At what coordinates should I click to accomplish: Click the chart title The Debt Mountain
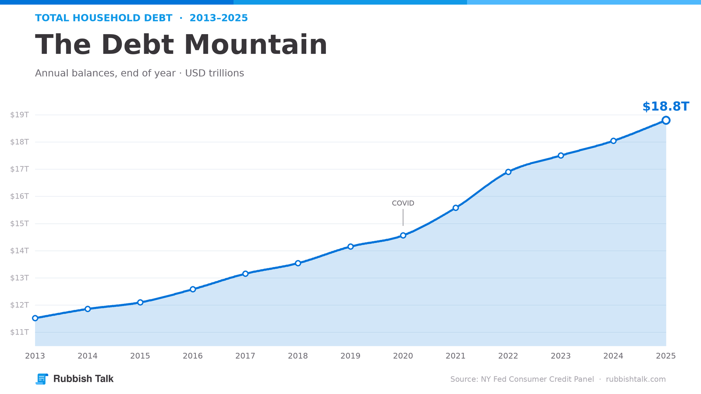pyautogui.click(x=181, y=45)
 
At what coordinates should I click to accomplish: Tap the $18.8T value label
pyautogui.click(x=666, y=107)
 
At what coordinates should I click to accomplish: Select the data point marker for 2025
pyautogui.click(x=666, y=120)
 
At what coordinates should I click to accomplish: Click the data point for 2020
pyautogui.click(x=403, y=236)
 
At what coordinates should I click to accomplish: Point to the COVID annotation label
pyautogui.click(x=403, y=203)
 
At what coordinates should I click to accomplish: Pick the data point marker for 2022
pyautogui.click(x=508, y=172)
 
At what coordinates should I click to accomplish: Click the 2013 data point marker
pyautogui.click(x=35, y=318)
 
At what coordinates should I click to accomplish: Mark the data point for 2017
pyautogui.click(x=245, y=274)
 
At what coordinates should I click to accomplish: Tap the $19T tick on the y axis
pyautogui.click(x=19, y=115)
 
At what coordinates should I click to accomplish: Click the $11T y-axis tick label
pyautogui.click(x=19, y=332)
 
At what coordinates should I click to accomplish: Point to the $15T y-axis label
pyautogui.click(x=19, y=224)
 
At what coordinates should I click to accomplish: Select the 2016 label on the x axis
pyautogui.click(x=193, y=356)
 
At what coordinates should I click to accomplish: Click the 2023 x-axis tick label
pyautogui.click(x=561, y=356)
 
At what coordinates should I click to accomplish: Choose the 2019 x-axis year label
pyautogui.click(x=350, y=356)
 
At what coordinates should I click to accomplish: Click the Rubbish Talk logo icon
pyautogui.click(x=42, y=379)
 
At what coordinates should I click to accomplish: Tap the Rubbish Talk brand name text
pyautogui.click(x=83, y=379)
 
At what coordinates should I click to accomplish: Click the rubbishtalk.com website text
pyautogui.click(x=636, y=379)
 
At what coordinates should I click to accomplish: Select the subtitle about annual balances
pyautogui.click(x=140, y=73)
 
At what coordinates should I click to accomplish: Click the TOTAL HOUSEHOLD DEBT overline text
pyautogui.click(x=103, y=18)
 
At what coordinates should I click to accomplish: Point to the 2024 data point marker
pyautogui.click(x=613, y=141)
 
